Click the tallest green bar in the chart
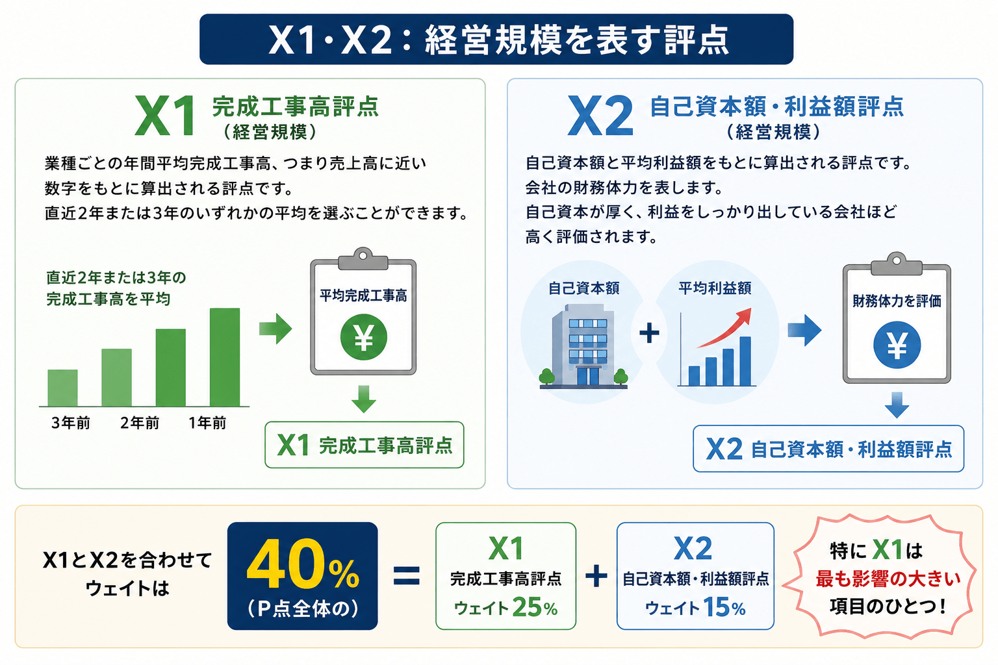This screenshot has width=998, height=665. click(225, 357)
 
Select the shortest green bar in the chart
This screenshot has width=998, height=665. click(62, 388)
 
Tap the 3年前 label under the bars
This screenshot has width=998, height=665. click(70, 423)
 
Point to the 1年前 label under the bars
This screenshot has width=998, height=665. click(207, 423)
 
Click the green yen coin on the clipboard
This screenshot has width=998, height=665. click(364, 337)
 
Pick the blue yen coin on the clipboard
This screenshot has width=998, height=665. click(897, 345)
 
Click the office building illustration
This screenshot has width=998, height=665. click(583, 347)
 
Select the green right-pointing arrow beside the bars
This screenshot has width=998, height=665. click(275, 329)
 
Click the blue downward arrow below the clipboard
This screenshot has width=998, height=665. click(897, 405)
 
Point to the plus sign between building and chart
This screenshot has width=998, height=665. click(649, 332)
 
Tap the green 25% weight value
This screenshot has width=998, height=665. click(535, 607)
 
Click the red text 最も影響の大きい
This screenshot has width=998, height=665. click(888, 579)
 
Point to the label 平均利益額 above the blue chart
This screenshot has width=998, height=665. click(715, 288)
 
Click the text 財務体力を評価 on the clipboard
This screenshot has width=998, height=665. click(897, 301)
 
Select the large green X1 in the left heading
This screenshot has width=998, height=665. click(165, 116)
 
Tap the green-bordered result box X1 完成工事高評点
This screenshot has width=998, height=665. click(365, 445)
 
